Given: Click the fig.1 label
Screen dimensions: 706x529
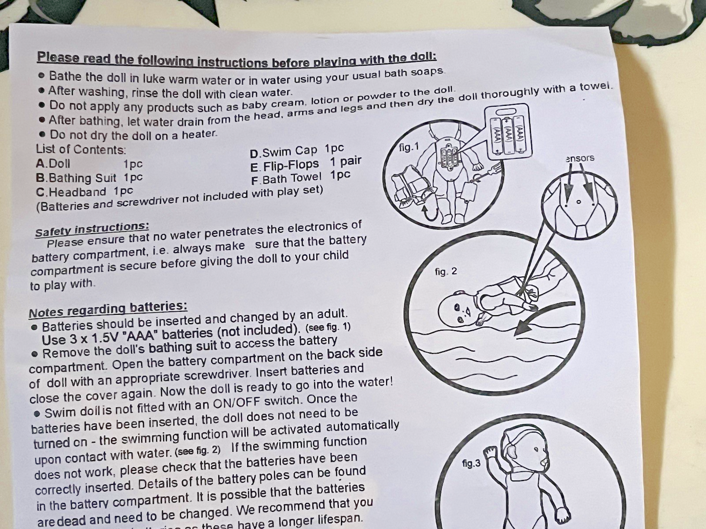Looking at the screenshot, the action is click(x=409, y=148).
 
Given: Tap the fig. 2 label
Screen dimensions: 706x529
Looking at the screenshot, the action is click(x=446, y=272).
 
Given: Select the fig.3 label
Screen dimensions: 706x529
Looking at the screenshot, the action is click(x=471, y=463).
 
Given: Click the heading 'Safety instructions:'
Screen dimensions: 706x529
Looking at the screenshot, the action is click(x=92, y=229).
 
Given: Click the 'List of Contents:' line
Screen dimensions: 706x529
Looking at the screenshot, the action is click(x=81, y=150).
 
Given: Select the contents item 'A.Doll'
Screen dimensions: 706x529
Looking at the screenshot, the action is click(x=53, y=164).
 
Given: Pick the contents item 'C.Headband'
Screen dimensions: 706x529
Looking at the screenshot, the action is click(x=71, y=192).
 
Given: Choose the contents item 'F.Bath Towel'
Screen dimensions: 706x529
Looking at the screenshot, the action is click(x=286, y=179).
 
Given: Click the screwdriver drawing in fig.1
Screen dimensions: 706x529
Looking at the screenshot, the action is click(x=486, y=173).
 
